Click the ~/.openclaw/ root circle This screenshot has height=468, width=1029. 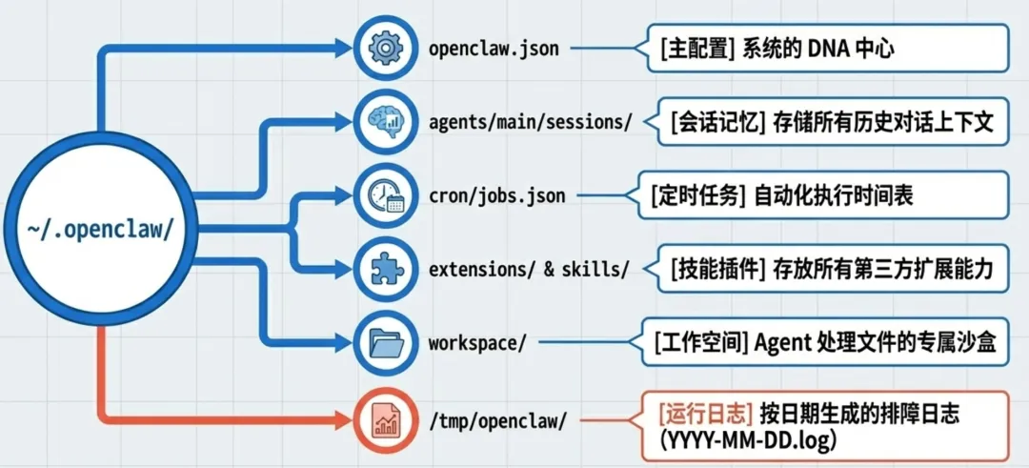click(99, 230)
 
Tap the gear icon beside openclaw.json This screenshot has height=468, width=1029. click(385, 48)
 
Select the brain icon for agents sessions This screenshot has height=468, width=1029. click(385, 122)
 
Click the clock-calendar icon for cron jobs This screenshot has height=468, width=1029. click(385, 195)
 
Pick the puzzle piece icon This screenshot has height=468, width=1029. click(385, 269)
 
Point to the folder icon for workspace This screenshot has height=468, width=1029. click(385, 342)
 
